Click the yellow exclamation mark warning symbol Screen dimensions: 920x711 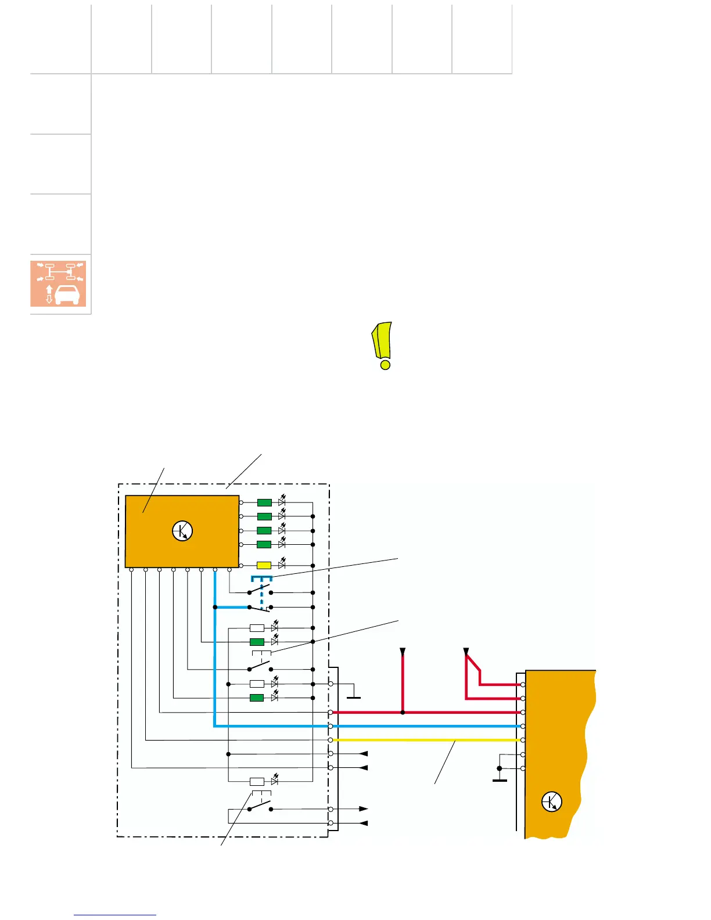(x=383, y=346)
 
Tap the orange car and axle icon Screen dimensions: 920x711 (x=58, y=283)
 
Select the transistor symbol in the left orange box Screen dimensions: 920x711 (x=182, y=531)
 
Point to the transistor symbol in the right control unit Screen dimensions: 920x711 (x=551, y=802)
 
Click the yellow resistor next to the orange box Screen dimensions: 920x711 (x=264, y=565)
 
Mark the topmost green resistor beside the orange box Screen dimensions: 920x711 (x=264, y=502)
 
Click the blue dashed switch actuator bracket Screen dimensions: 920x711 (x=261, y=579)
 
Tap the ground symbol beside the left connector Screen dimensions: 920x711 (x=353, y=696)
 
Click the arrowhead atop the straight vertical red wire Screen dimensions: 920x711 (x=403, y=651)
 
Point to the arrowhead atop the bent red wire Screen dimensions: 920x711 (x=466, y=651)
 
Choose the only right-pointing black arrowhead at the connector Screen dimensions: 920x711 (x=364, y=808)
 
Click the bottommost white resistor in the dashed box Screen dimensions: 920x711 (x=257, y=781)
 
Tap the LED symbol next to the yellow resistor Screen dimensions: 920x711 (x=282, y=565)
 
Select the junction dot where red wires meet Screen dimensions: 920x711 (x=403, y=712)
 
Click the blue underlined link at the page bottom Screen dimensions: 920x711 (x=115, y=915)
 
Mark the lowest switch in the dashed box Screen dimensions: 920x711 (x=260, y=807)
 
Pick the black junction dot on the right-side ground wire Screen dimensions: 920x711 (x=500, y=768)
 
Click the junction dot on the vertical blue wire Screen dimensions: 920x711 (x=215, y=607)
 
